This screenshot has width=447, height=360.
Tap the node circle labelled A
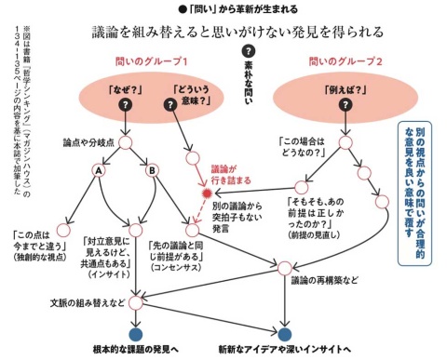(98, 171)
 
